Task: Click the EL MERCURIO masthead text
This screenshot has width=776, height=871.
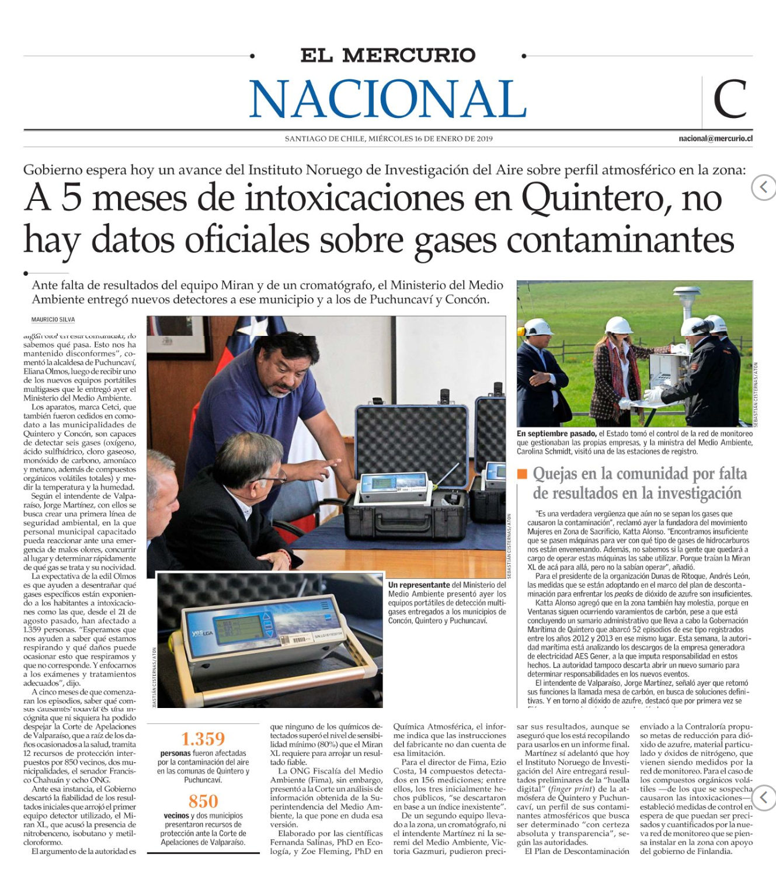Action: point(388,55)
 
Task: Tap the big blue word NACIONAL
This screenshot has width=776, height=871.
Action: point(388,99)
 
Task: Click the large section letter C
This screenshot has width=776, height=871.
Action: point(729,99)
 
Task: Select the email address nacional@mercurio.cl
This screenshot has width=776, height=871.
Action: point(715,139)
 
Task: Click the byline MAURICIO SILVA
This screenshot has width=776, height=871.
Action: point(53,320)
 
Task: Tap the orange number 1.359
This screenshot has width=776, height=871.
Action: point(203,739)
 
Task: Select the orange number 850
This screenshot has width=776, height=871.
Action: point(203,801)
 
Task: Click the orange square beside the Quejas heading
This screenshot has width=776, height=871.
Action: point(522,474)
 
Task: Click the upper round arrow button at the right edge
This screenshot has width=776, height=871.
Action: point(764,188)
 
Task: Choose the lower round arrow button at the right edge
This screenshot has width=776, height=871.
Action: point(764,797)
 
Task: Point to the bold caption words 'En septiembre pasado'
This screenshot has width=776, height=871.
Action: point(556,434)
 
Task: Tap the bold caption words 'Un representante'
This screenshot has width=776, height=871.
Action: point(419,585)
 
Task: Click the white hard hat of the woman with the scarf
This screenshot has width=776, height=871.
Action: point(619,325)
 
